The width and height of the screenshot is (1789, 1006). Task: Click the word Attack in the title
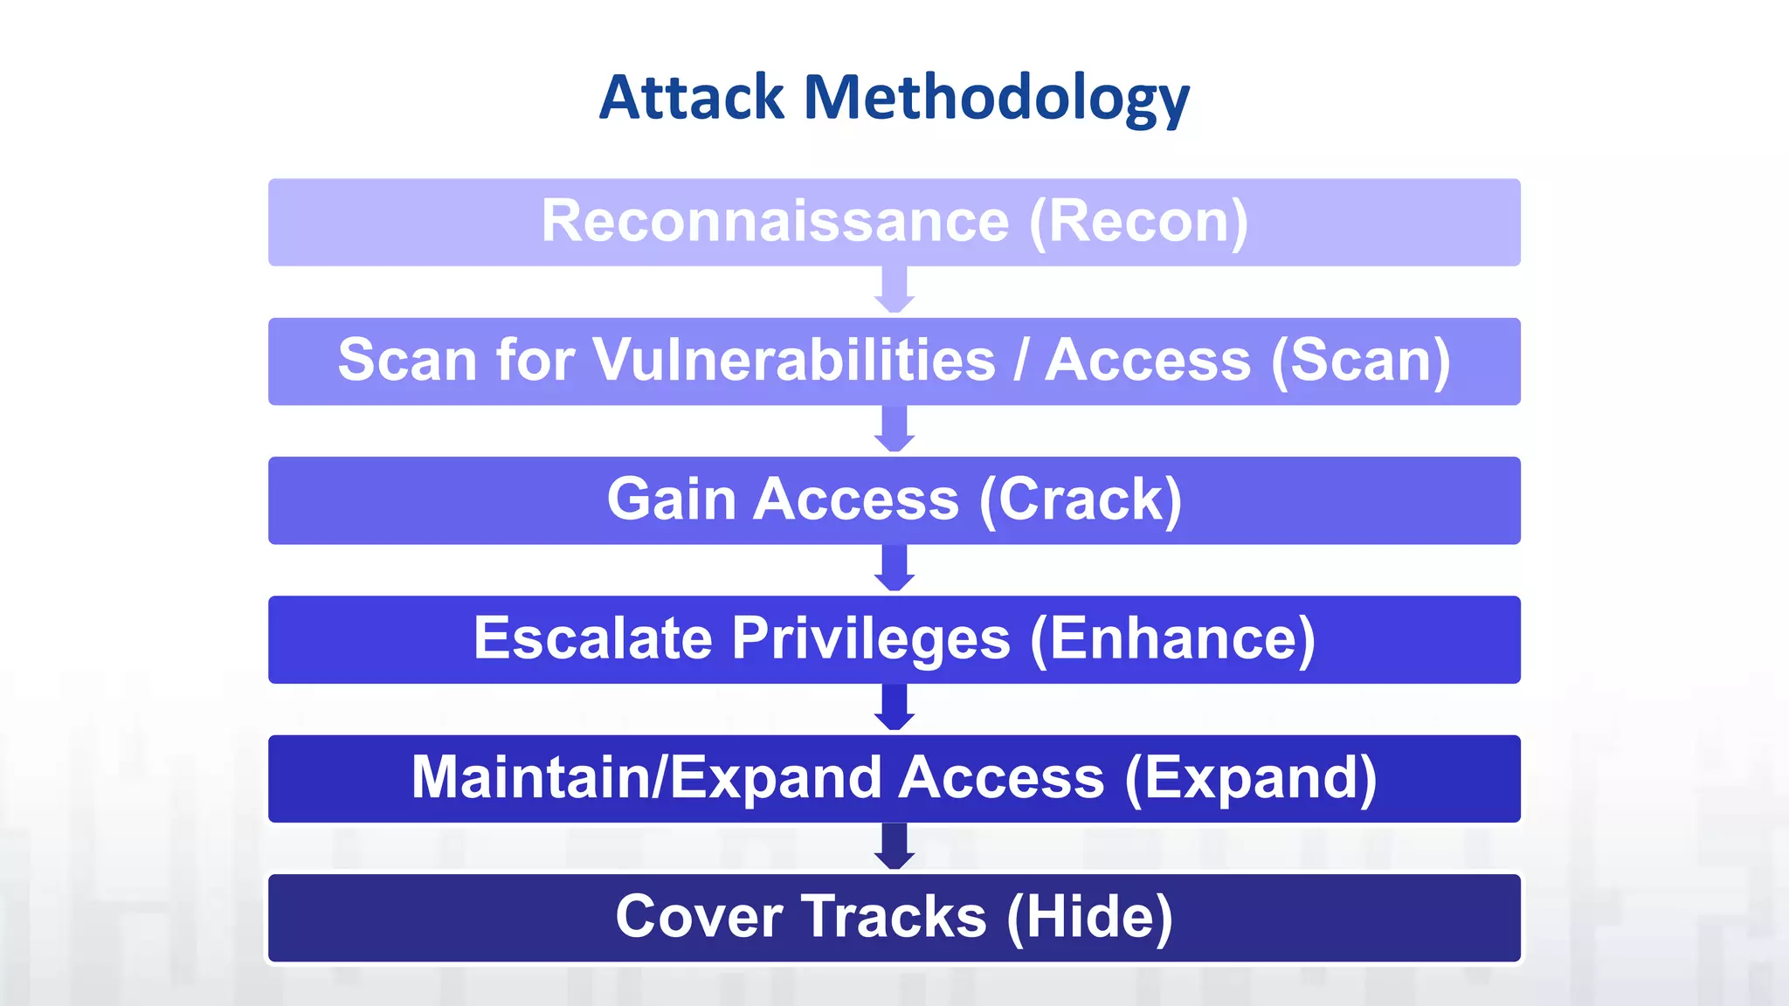pyautogui.click(x=691, y=97)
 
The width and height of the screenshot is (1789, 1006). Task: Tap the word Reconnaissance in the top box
pyautogui.click(x=775, y=221)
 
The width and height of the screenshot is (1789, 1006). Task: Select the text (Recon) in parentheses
pyautogui.click(x=1139, y=223)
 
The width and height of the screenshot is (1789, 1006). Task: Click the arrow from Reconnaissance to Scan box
pyautogui.click(x=894, y=291)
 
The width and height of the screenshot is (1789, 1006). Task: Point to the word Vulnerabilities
pyautogui.click(x=794, y=360)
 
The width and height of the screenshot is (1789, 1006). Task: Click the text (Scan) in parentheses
pyautogui.click(x=1360, y=362)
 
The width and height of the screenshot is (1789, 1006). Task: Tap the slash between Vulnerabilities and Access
pyautogui.click(x=1020, y=360)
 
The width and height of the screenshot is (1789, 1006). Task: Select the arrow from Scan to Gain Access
pyautogui.click(x=894, y=430)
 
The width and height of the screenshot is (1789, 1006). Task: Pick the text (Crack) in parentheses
pyautogui.click(x=1081, y=500)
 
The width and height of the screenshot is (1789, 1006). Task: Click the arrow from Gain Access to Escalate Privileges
pyautogui.click(x=894, y=568)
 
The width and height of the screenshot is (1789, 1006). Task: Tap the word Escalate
pyautogui.click(x=593, y=638)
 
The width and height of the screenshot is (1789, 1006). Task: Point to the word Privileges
pyautogui.click(x=871, y=640)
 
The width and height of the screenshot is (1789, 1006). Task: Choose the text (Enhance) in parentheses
pyautogui.click(x=1172, y=640)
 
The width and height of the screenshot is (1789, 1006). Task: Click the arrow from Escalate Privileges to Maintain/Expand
pyautogui.click(x=894, y=707)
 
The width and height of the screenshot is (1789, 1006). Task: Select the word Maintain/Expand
pyautogui.click(x=646, y=778)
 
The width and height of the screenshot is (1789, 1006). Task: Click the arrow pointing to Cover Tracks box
pyautogui.click(x=894, y=846)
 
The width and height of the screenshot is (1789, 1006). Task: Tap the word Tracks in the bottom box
pyautogui.click(x=894, y=917)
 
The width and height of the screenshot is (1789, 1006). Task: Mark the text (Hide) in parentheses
pyautogui.click(x=1089, y=918)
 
